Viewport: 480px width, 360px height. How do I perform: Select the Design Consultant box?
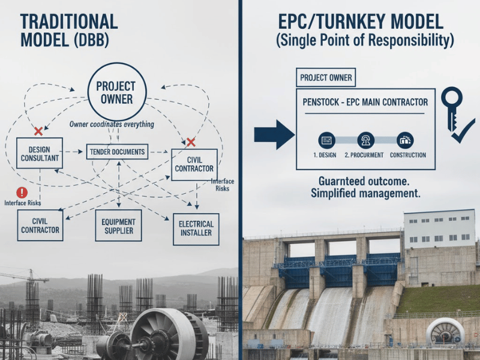(40, 153)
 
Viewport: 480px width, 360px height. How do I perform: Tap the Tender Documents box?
(117, 152)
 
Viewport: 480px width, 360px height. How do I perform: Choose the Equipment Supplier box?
(118, 226)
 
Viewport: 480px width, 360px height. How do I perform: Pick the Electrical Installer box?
(196, 229)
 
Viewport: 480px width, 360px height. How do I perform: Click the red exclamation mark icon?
(22, 193)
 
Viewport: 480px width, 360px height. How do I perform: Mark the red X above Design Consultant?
(38, 131)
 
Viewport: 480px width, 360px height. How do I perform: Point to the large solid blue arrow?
(275, 134)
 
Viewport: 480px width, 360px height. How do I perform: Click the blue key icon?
(452, 107)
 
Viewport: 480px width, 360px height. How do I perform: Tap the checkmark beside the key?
(463, 131)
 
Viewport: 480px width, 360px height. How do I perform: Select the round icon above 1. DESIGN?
(326, 140)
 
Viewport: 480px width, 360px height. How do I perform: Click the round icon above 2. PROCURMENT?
(365, 140)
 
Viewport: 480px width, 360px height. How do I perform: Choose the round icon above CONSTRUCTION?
(406, 140)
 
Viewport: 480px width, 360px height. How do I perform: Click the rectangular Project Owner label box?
(326, 77)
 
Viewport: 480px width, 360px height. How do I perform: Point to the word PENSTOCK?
(320, 102)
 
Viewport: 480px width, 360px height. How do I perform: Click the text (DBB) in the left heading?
(91, 40)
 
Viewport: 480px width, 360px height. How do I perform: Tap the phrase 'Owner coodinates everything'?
(112, 124)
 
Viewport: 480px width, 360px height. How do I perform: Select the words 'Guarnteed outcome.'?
(364, 181)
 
